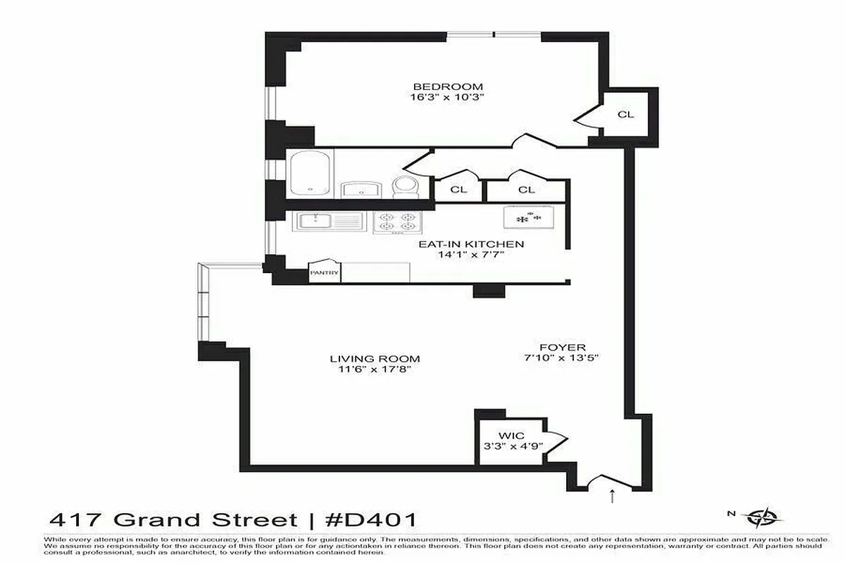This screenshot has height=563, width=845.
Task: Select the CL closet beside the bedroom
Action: click(625, 114)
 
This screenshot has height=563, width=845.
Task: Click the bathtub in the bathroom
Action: click(310, 174)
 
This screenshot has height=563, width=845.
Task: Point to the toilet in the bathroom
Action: click(405, 187)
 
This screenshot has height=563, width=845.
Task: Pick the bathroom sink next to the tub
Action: click(361, 189)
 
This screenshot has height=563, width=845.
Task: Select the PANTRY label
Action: click(325, 273)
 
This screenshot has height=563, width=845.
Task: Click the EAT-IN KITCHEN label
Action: click(471, 244)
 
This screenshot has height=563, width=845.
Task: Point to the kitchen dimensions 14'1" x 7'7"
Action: click(471, 255)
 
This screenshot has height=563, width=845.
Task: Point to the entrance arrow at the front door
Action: click(611, 497)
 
